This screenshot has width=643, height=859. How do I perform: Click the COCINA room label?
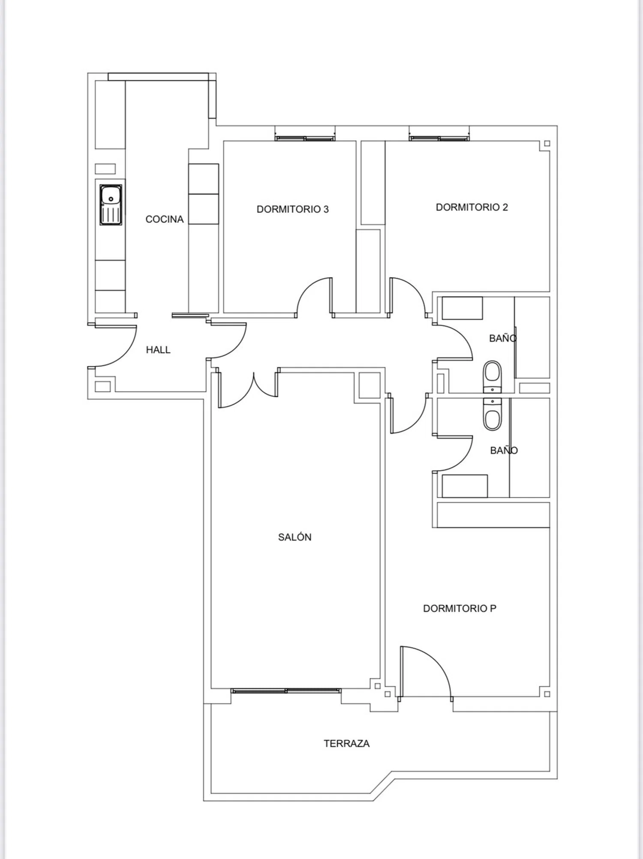click(x=165, y=219)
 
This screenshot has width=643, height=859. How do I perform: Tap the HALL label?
click(x=158, y=350)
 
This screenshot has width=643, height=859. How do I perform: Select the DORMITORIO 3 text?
click(x=293, y=209)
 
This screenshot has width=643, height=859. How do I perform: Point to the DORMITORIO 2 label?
click(x=472, y=207)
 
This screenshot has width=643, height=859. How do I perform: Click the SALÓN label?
click(x=295, y=537)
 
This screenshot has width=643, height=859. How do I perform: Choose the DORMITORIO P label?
click(x=460, y=608)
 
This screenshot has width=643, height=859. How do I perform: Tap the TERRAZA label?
click(x=346, y=743)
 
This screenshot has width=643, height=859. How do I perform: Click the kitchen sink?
click(x=111, y=205)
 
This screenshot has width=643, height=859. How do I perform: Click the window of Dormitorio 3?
click(x=305, y=138)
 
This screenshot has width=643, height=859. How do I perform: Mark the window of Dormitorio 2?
click(x=439, y=138)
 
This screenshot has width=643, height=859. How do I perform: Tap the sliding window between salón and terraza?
click(x=286, y=691)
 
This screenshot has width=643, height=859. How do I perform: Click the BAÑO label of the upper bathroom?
click(x=503, y=338)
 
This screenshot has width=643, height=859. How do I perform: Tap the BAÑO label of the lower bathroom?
click(x=504, y=451)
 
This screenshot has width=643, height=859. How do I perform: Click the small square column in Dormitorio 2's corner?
click(x=547, y=144)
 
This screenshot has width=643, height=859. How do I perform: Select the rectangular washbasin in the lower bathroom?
click(x=465, y=486)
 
